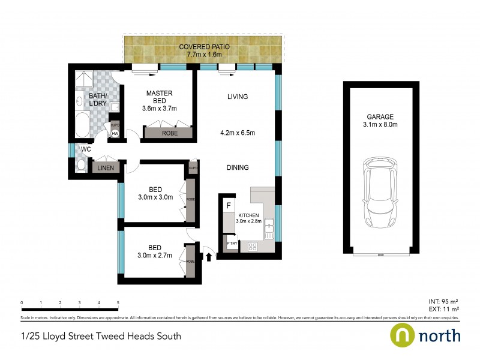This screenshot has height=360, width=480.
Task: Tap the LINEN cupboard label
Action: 106,169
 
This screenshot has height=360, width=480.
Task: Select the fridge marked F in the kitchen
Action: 228,205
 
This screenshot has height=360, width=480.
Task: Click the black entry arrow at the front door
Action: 209,257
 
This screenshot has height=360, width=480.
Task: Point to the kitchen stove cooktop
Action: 253,246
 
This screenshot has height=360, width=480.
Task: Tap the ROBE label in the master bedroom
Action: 169,133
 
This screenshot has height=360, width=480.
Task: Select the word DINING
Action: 238,168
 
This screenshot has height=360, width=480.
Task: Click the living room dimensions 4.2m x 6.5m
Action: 237,133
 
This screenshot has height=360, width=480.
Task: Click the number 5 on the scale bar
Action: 118,303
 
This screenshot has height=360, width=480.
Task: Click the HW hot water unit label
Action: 115,133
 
